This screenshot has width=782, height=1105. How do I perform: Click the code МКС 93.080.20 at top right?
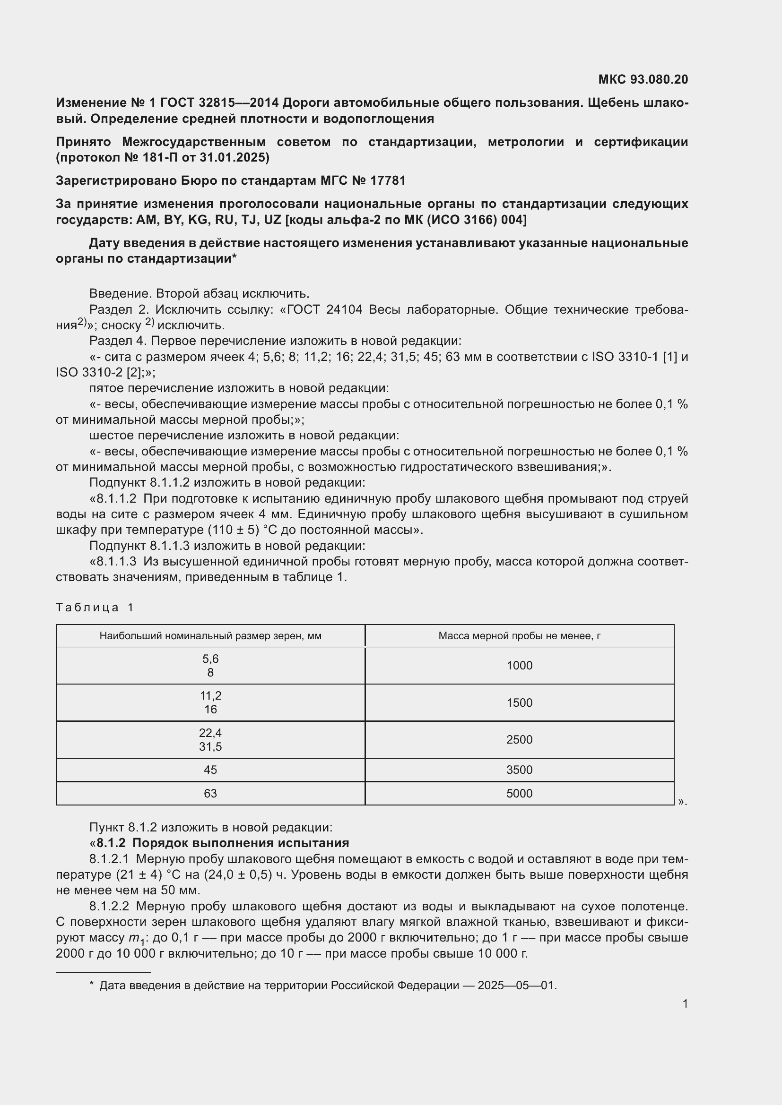(x=643, y=79)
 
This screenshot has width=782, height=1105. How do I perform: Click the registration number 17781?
(x=388, y=180)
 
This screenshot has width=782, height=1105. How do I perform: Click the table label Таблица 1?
(x=95, y=608)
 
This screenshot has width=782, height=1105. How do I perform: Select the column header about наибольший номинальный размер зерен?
(x=210, y=636)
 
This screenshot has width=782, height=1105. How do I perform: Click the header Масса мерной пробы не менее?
(x=519, y=636)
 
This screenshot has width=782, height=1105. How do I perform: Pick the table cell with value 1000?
(x=519, y=666)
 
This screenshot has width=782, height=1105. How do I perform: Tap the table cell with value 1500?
(x=519, y=702)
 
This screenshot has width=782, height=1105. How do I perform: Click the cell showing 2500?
(x=519, y=740)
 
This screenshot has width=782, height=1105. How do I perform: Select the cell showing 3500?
(x=519, y=770)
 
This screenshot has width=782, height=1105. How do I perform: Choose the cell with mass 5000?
(x=519, y=793)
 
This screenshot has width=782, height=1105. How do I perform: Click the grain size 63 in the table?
(x=210, y=793)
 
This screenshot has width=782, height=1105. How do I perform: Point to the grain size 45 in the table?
(x=210, y=770)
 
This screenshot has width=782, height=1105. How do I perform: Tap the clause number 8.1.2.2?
(x=109, y=906)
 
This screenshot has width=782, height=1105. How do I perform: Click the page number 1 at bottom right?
(x=685, y=1003)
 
